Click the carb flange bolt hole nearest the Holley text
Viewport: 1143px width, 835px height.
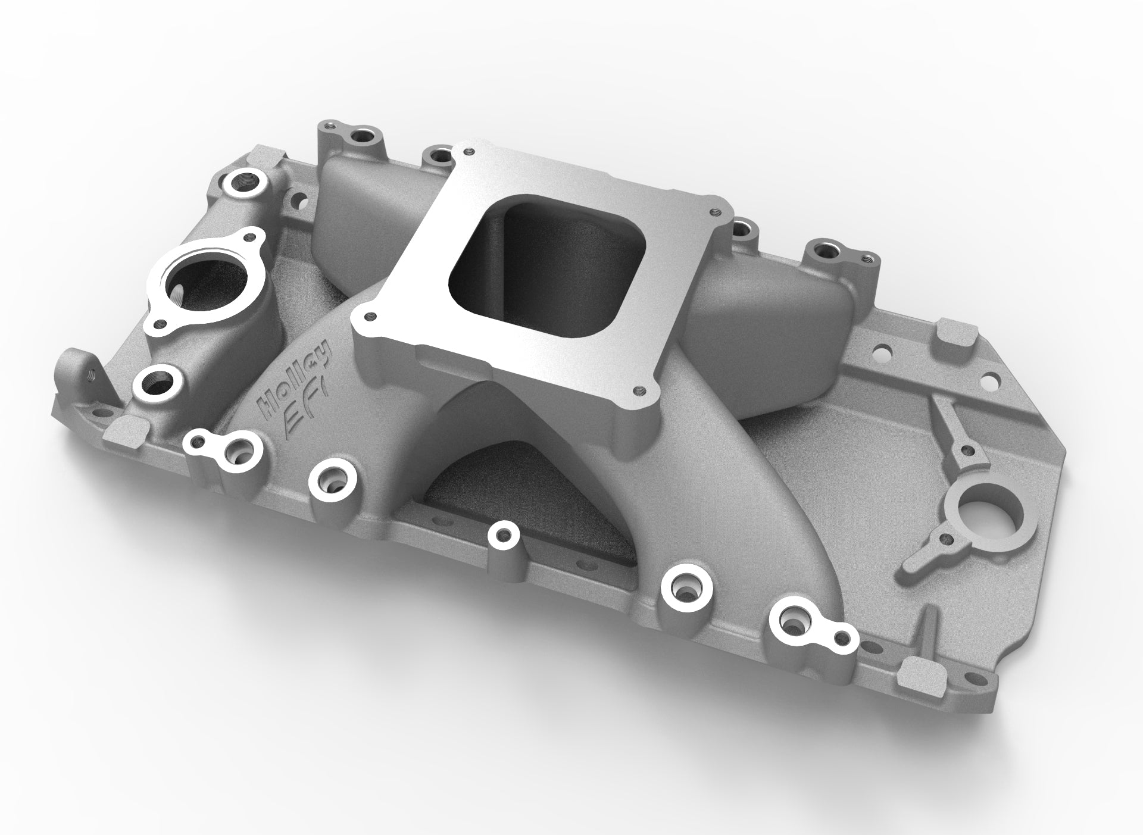pos(371,315)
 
